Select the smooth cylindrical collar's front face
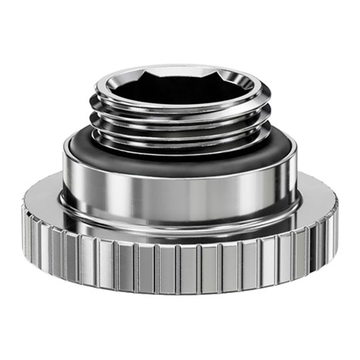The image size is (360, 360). click(180, 193)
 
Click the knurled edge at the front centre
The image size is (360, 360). click(180, 267)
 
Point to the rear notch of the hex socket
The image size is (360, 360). click(180, 70)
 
